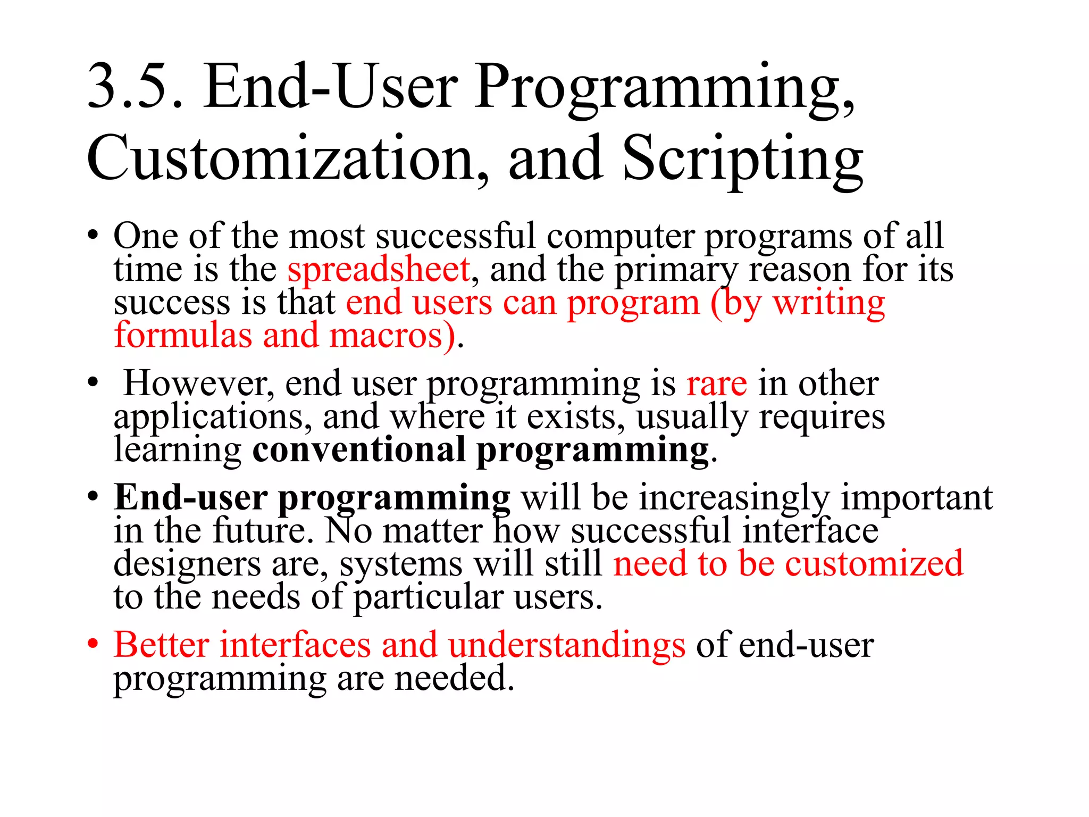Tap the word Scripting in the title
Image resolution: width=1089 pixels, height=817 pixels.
click(x=742, y=159)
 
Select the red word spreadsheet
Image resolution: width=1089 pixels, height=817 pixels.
click(x=379, y=270)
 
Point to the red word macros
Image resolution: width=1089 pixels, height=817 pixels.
click(x=393, y=336)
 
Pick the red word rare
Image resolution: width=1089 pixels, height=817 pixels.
click(x=716, y=384)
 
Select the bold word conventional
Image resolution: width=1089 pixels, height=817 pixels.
click(x=359, y=450)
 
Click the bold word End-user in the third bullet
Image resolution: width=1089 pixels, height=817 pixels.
click(x=190, y=497)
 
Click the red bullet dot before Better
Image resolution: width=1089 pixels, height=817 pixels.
click(x=93, y=644)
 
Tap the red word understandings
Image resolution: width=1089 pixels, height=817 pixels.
click(x=567, y=645)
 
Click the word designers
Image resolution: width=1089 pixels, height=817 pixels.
click(x=187, y=564)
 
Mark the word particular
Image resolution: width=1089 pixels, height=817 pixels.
click(x=428, y=598)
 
